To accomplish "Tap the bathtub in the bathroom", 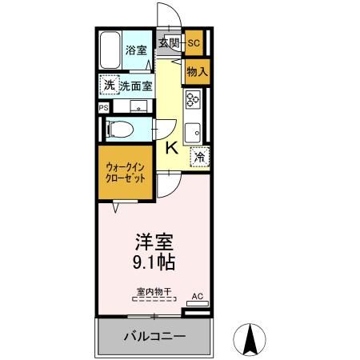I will click(x=110, y=51).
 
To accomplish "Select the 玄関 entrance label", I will click(x=168, y=43).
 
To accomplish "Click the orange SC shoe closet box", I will click(x=194, y=43).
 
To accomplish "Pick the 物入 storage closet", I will click(x=196, y=71).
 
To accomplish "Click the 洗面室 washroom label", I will click(x=136, y=86).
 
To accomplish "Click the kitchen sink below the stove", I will click(x=193, y=130).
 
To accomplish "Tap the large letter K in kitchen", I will click(x=171, y=147).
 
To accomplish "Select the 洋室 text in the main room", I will click(x=153, y=241).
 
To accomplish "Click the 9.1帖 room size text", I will click(x=153, y=262).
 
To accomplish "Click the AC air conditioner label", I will click(x=198, y=297).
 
